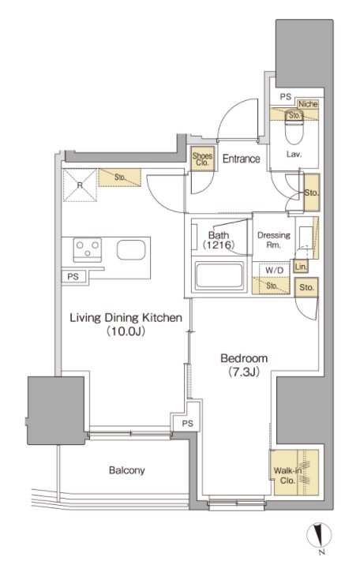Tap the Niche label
point(308,104)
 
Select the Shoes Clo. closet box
point(202,159)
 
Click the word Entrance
point(241,159)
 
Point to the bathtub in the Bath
point(219,275)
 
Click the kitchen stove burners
point(88,249)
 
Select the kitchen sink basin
point(131,250)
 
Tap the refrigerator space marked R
point(80,185)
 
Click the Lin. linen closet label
point(301,267)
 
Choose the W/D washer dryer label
point(274,271)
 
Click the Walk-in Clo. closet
point(295,473)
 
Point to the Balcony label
point(127,470)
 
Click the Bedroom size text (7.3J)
point(244,372)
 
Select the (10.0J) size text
point(126,331)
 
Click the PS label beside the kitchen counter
point(73,276)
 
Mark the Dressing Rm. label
point(274,240)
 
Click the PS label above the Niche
point(286,97)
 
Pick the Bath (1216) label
point(219,240)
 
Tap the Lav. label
point(294,155)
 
